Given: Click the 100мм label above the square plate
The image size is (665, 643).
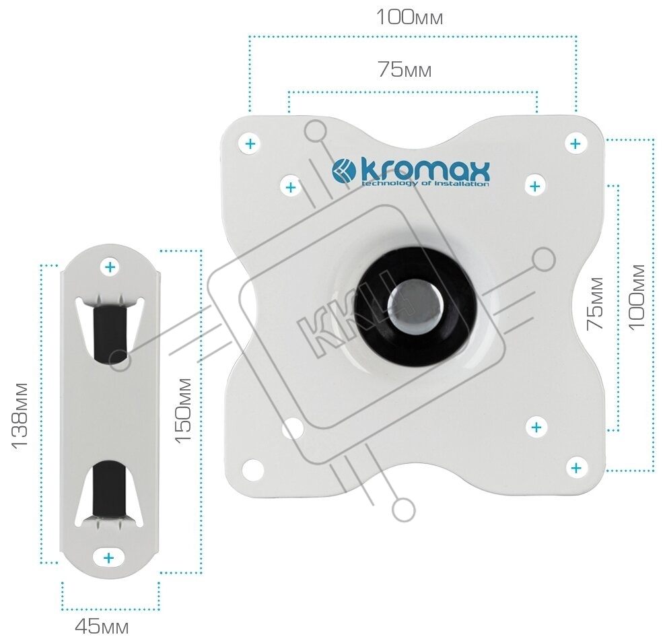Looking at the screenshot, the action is (x=409, y=18).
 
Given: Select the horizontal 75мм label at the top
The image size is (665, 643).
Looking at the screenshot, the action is (x=405, y=69).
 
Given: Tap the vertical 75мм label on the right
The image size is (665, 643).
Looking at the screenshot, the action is (x=596, y=303).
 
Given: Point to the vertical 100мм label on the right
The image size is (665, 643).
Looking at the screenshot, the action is (x=636, y=296).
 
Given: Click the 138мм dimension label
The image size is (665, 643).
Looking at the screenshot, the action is (x=20, y=415).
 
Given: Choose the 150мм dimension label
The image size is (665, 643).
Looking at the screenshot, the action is (x=184, y=411).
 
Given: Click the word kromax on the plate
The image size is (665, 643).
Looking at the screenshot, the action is (x=425, y=170).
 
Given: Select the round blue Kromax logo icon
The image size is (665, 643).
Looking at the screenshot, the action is (x=343, y=171).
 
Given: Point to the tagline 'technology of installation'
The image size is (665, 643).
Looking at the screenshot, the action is (x=425, y=184).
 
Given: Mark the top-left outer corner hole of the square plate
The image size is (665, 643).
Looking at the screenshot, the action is (x=250, y=143).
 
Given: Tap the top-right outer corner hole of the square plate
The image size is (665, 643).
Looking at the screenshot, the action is (x=575, y=144).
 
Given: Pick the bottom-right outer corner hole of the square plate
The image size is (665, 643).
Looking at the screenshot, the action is (x=576, y=468).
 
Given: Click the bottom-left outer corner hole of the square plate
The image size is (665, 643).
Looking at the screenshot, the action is (x=253, y=469).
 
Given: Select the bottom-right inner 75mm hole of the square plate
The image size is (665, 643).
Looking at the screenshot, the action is (x=536, y=427).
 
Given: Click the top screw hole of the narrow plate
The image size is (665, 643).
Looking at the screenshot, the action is (x=110, y=267).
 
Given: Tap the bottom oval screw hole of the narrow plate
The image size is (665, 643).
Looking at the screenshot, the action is (x=109, y=557).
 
